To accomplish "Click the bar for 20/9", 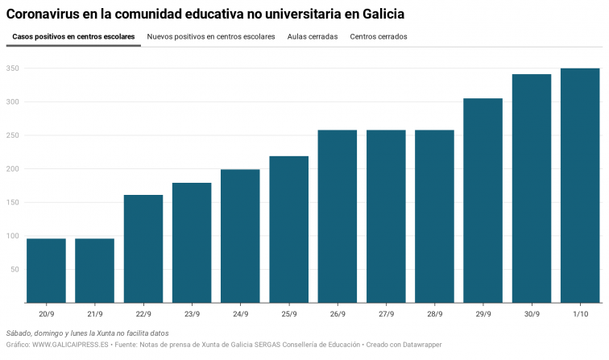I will click(46, 271).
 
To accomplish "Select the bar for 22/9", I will click(143, 249).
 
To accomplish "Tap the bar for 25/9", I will click(288, 230).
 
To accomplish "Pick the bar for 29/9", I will click(483, 201).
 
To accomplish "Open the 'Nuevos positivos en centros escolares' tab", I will click(211, 37).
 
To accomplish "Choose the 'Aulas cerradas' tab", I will click(313, 37).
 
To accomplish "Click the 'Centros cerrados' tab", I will click(379, 37).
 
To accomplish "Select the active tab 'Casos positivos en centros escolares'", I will click(73, 37).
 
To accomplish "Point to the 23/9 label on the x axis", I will click(192, 313).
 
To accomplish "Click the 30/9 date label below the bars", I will click(531, 313).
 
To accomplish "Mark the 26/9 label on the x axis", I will click(337, 313).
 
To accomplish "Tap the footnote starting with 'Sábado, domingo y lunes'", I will click(87, 333).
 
